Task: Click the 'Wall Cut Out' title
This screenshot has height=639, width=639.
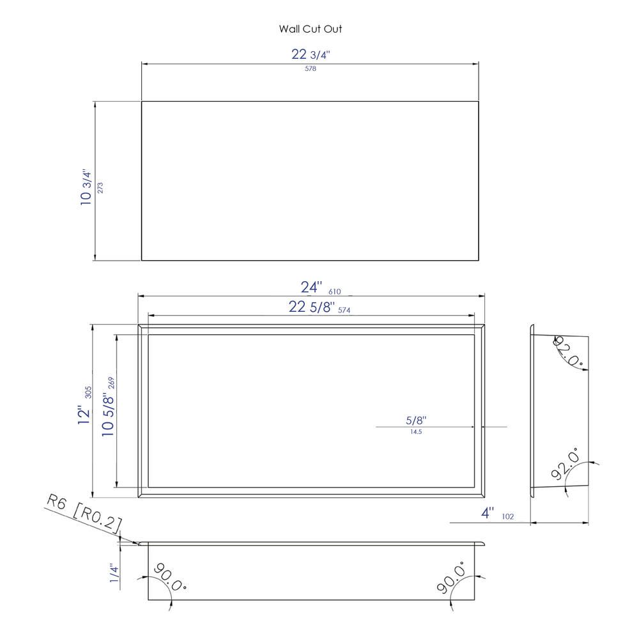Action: pos(311,29)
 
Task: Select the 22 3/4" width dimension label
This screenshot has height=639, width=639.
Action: pos(311,54)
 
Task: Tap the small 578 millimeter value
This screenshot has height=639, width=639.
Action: pos(311,69)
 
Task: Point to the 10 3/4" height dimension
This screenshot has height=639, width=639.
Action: pos(86,187)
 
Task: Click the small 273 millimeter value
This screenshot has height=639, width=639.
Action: pos(100,188)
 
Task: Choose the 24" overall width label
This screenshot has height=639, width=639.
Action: pos(311,288)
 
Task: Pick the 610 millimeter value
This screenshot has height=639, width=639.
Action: pos(335,292)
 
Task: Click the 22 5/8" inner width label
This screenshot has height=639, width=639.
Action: pos(312,307)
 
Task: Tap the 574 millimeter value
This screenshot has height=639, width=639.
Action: pos(344,310)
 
